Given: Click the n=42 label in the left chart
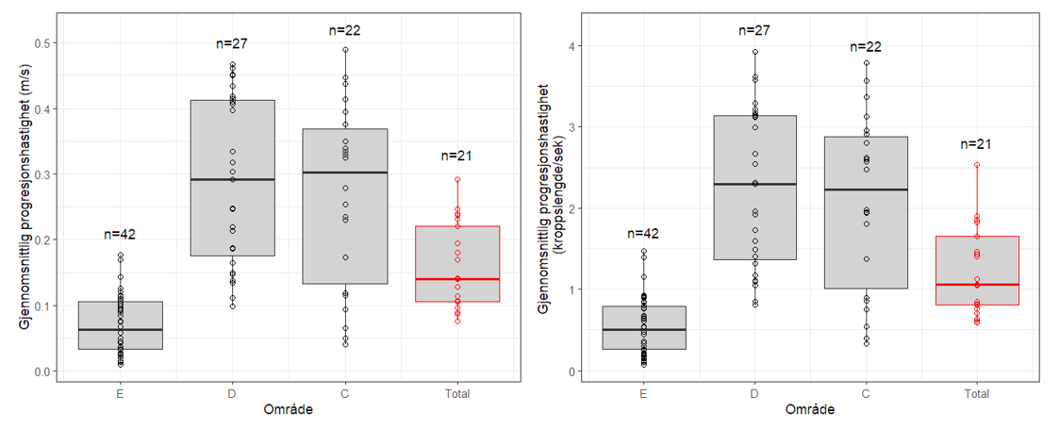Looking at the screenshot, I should point(120,235).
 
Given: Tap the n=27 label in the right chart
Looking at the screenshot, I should point(755,31).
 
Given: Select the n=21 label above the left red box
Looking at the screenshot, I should point(456,156).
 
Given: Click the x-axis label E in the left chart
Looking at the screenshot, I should point(120,393).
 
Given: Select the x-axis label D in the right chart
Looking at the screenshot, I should point(755,393).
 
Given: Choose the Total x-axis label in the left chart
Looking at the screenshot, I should point(456,393).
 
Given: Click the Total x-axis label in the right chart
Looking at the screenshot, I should point(977,393).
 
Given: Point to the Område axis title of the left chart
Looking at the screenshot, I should point(289,411).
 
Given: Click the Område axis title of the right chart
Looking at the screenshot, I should point(810,411).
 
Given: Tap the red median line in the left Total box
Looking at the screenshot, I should point(456,279).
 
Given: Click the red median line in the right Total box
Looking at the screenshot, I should point(977,284).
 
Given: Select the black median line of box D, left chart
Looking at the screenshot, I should point(232,179).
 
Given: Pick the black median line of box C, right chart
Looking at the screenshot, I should point(866,190).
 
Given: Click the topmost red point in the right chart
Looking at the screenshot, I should point(977,165).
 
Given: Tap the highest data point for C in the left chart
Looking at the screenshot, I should point(345,49).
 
